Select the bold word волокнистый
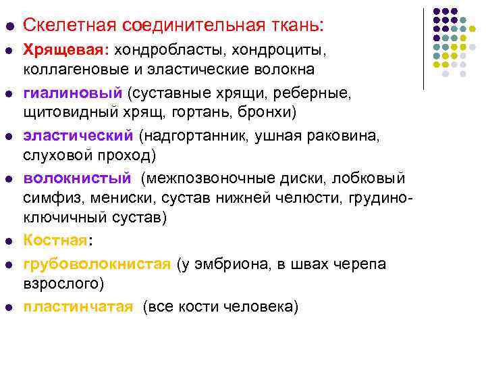point(77,178)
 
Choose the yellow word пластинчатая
point(78,307)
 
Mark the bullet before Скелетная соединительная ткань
point(8,27)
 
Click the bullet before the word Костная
point(8,241)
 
